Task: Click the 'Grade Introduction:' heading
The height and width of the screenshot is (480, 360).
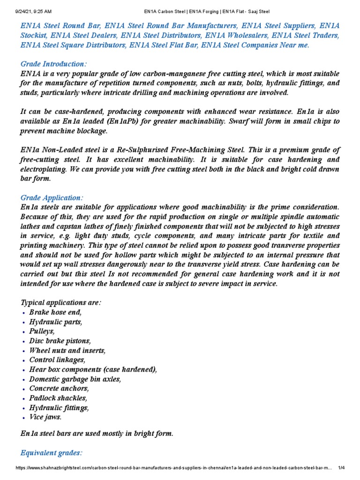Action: click(53, 64)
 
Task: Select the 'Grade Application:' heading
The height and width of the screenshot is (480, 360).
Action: click(52, 198)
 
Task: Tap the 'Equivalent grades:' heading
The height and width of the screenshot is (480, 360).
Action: click(52, 453)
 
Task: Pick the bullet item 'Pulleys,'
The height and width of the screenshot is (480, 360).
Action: click(42, 331)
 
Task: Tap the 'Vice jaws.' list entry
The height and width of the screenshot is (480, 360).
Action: click(45, 417)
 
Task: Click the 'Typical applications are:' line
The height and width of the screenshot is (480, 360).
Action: click(61, 303)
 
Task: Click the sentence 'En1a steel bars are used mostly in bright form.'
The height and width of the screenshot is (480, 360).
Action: click(97, 434)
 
